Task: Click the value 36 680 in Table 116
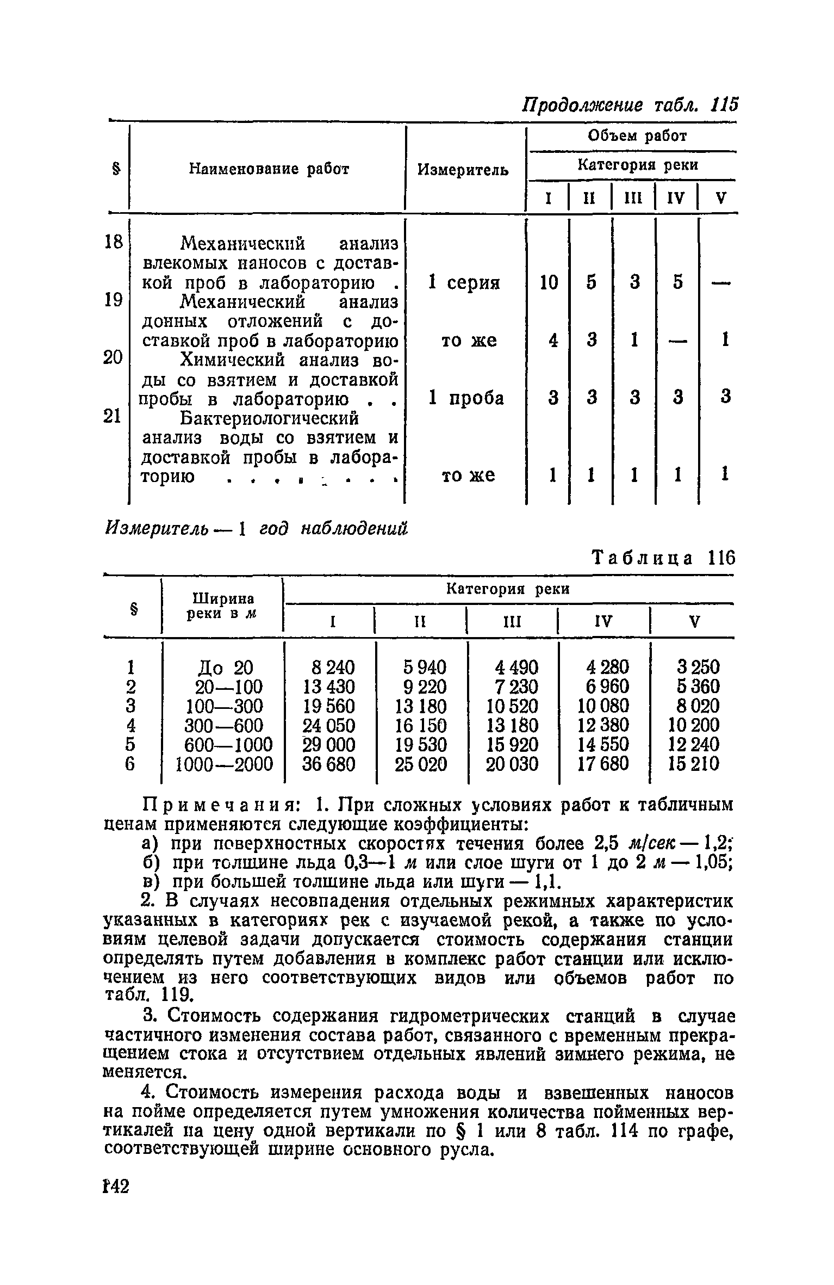point(328,764)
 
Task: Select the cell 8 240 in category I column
point(328,666)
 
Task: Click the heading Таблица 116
point(663,558)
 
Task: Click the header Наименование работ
point(269,169)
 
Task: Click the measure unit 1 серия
point(464,283)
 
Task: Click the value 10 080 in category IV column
point(602,706)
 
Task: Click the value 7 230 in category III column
point(513,686)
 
